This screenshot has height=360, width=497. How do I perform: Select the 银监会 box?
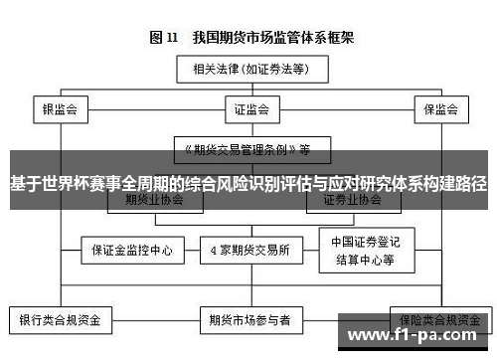(60, 107)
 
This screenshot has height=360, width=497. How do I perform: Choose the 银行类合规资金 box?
(61, 320)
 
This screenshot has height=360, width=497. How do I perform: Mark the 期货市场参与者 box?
(249, 320)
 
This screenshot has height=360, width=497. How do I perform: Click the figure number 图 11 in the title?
(163, 38)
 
